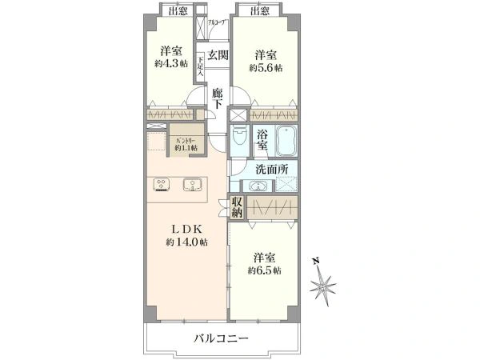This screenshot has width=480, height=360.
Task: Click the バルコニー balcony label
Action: (x=221, y=338)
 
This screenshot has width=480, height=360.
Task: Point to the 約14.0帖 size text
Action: (x=186, y=242)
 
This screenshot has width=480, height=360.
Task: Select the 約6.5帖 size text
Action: (x=265, y=271)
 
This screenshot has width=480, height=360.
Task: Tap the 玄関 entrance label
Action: (x=218, y=55)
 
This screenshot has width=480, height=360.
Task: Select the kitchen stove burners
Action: (x=161, y=184)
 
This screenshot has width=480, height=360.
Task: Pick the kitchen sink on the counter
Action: (x=192, y=184)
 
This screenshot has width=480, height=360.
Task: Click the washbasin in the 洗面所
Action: (x=258, y=186)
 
